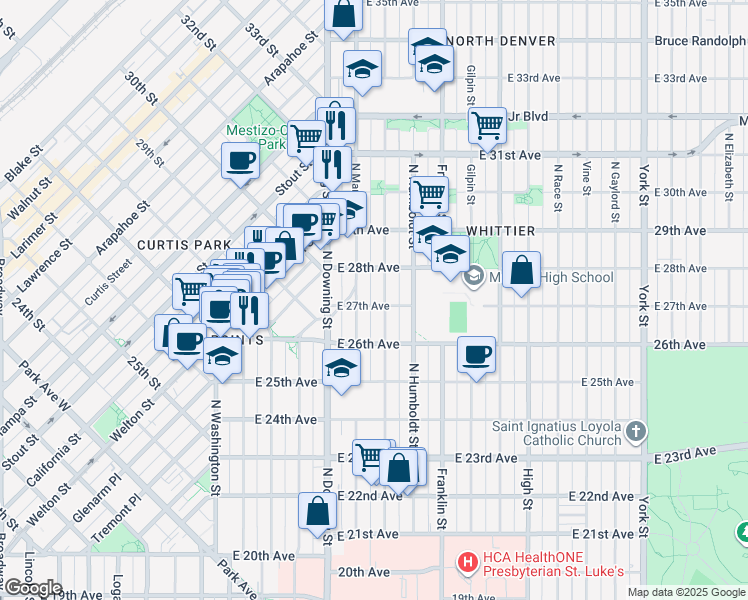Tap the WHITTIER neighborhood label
pyautogui.click(x=499, y=231)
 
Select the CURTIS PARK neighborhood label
pyautogui.click(x=170, y=245)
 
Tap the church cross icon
pyautogui.click(x=636, y=431)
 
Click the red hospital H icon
pyautogui.click(x=466, y=563)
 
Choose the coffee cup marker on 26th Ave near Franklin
pyautogui.click(x=476, y=353)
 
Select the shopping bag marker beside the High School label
pyautogui.click(x=522, y=269)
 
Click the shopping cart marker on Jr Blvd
pyautogui.click(x=487, y=124)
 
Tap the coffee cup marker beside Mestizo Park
pyautogui.click(x=241, y=160)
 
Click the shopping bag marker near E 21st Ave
pyautogui.click(x=317, y=510)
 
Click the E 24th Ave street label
pyautogui.click(x=286, y=420)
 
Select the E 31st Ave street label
pyautogui.click(x=509, y=156)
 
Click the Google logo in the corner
pyautogui.click(x=33, y=588)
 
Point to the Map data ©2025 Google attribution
pyautogui.click(x=686, y=592)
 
